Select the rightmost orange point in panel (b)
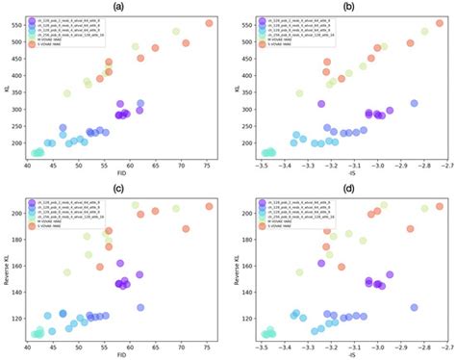[440, 23]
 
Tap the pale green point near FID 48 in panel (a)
[67, 93]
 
